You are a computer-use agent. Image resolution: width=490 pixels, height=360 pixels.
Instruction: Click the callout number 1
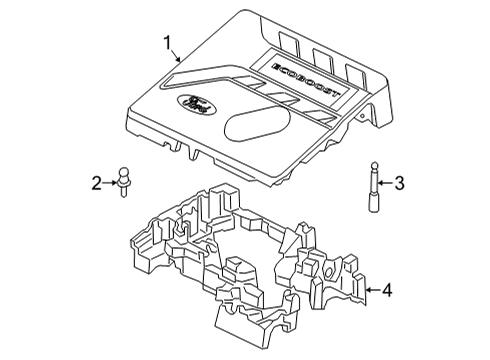coord(169,43)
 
